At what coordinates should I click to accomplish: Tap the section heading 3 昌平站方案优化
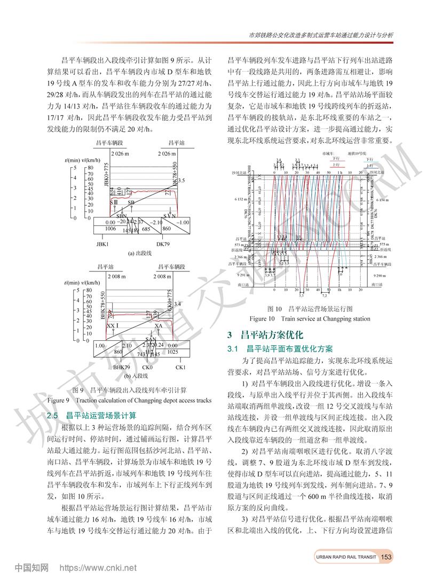265,336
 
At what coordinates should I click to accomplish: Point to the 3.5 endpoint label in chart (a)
181,181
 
